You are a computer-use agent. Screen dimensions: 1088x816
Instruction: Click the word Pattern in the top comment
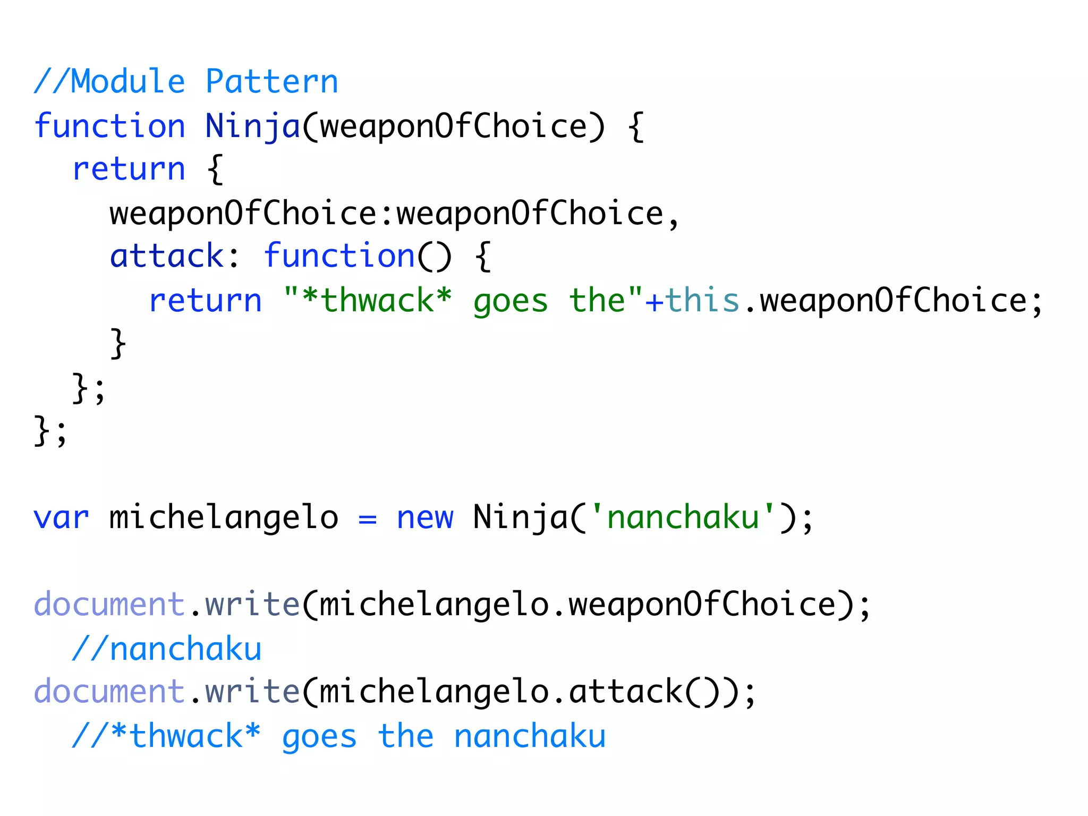[x=271, y=82]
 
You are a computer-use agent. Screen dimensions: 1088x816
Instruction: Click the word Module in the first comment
[x=127, y=82]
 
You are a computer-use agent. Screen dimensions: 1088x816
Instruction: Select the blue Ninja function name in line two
[x=252, y=126]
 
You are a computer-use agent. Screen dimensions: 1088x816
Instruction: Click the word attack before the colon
[x=167, y=256]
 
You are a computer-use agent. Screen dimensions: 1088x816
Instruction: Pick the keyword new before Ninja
[x=425, y=517]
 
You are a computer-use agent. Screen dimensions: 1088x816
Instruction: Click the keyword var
[x=61, y=517]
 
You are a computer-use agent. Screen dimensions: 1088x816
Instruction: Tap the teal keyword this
[x=702, y=300]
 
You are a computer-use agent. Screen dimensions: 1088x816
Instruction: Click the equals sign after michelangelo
[x=367, y=518]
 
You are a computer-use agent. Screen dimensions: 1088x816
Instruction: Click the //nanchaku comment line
[x=167, y=649]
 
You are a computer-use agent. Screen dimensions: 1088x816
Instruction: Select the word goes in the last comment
[x=319, y=737]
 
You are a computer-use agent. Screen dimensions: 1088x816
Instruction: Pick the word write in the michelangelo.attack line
[x=252, y=692]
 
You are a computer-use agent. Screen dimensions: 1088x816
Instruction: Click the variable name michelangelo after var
[x=223, y=517]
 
